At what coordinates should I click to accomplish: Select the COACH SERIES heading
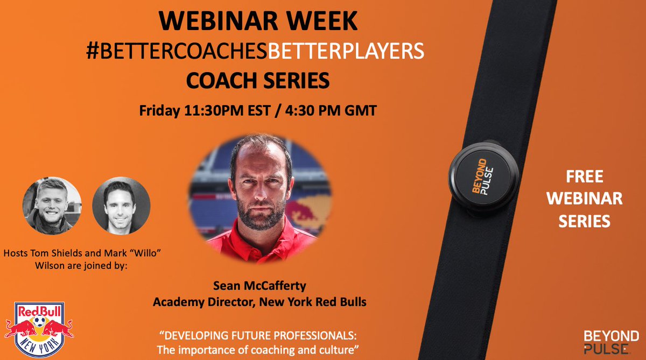(x=257, y=81)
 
